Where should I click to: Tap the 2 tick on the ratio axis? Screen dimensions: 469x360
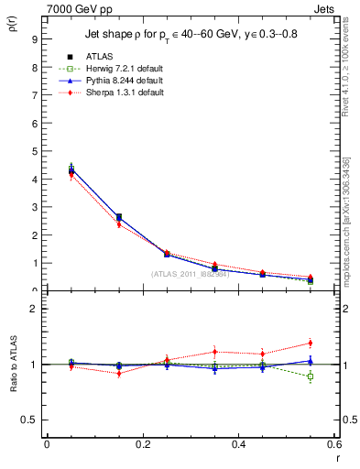35,309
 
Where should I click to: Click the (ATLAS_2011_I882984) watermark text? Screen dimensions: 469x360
191,274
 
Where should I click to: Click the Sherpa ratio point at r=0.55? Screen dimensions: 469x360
311,344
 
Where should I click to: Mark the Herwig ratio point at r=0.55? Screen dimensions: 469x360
311,376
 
